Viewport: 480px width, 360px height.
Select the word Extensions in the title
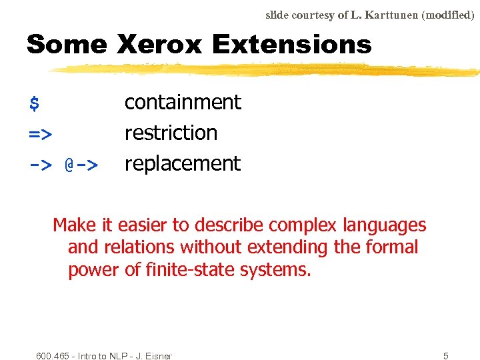pyautogui.click(x=291, y=45)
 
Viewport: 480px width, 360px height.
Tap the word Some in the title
pyautogui.click(x=67, y=45)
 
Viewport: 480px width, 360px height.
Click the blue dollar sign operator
pyautogui.click(x=34, y=104)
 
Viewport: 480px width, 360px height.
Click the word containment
pyautogui.click(x=183, y=102)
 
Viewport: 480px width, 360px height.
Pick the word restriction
pyautogui.click(x=171, y=133)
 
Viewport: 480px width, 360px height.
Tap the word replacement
pyautogui.click(x=182, y=163)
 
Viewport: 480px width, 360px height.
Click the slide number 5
pyautogui.click(x=446, y=356)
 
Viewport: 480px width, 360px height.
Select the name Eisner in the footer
pyautogui.click(x=157, y=356)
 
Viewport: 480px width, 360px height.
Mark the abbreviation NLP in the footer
pyautogui.click(x=113, y=356)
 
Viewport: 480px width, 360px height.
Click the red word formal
pyautogui.click(x=389, y=247)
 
